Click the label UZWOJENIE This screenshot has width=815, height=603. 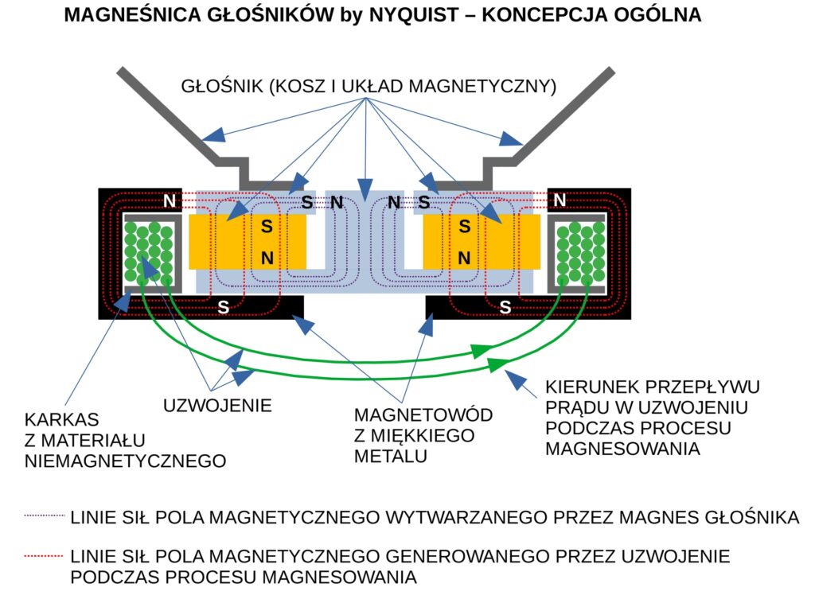coord(217,405)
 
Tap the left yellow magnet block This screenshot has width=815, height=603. coord(248,241)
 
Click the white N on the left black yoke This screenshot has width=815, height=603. coord(170,201)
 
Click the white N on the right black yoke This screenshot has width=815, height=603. coord(560,201)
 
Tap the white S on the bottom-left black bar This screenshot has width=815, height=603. coord(224,306)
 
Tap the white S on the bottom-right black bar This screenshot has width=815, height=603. coord(505,306)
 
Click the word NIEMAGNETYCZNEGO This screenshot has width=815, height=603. coord(126,460)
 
